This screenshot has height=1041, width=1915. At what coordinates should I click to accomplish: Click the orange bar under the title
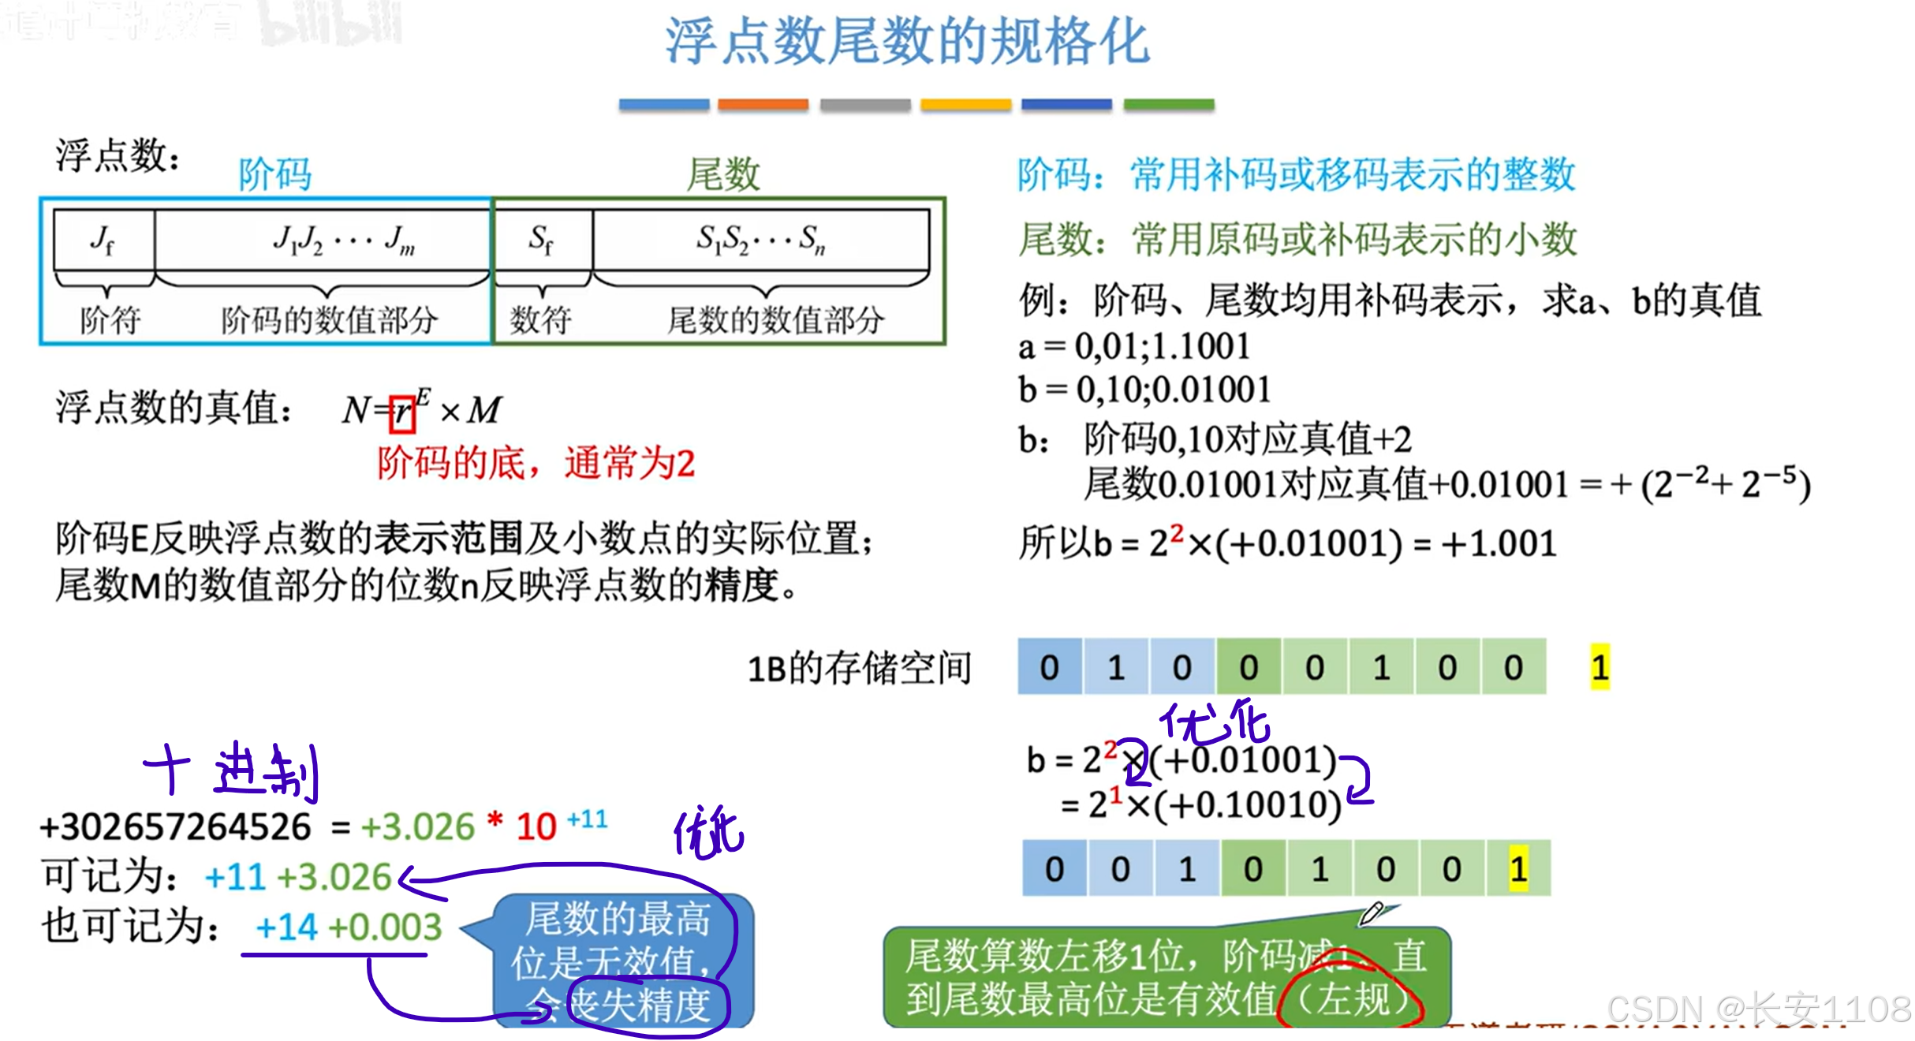tap(763, 105)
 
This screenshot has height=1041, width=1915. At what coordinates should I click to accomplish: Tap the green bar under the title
tap(1168, 105)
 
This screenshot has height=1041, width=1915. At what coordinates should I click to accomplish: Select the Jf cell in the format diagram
tap(103, 239)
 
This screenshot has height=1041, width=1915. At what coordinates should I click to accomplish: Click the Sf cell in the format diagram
tap(542, 239)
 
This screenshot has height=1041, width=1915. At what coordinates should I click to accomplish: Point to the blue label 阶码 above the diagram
tap(275, 174)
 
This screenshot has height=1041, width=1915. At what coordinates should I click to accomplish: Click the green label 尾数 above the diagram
tap(723, 174)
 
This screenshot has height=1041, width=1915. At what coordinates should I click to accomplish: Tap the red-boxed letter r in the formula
tap(402, 412)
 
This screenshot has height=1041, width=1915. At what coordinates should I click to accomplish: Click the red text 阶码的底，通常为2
tap(536, 463)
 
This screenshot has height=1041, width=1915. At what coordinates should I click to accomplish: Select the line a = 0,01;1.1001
tap(1134, 346)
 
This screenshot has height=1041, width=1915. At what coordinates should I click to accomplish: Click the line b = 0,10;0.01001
tap(1144, 390)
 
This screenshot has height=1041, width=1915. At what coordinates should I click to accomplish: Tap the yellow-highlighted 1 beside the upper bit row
tap(1600, 667)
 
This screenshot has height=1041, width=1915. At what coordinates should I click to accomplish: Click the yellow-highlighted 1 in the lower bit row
tap(1518, 868)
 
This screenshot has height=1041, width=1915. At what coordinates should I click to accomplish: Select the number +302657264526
tap(176, 827)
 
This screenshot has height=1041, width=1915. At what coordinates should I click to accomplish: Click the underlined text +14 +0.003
tap(348, 927)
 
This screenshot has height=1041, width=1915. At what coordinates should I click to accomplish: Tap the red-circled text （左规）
tap(1353, 999)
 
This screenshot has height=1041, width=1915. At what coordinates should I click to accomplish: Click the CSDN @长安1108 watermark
tap(1758, 1009)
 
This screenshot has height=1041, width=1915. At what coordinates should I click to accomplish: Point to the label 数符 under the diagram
tap(540, 320)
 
